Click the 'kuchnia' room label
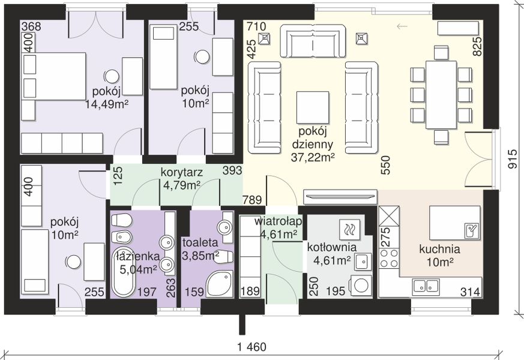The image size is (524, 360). [439, 249]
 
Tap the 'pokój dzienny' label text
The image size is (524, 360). [313, 137]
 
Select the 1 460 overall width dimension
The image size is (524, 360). [252, 347]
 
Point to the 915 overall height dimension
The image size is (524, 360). [513, 159]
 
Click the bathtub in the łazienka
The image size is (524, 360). [121, 272]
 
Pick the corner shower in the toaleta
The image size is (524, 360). [219, 284]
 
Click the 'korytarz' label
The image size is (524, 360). [182, 173]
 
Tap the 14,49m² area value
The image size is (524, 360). [107, 104]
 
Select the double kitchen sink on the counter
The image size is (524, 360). [425, 286]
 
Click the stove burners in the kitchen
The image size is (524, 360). [389, 258]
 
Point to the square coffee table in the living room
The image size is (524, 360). [313, 107]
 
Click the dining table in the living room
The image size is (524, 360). [441, 95]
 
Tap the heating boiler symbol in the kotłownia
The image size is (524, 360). [350, 229]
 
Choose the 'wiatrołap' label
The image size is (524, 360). [279, 221]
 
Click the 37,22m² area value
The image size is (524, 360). [313, 157]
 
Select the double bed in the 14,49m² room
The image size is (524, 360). [53, 76]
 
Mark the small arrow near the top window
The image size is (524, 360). [402, 26]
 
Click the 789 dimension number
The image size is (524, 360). [252, 200]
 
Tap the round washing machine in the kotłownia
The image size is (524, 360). [361, 286]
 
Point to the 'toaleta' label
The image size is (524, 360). [200, 243]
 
